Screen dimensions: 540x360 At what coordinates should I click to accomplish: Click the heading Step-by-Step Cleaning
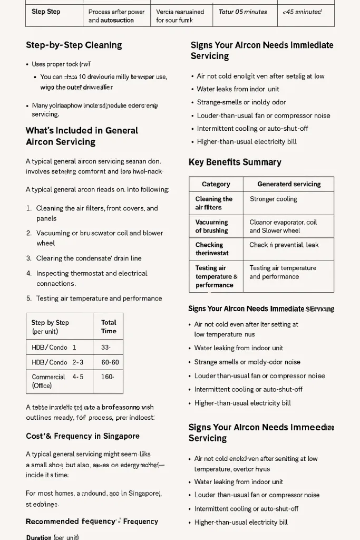pyautogui.click(x=74, y=45)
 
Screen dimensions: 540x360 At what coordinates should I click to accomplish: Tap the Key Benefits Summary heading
pyautogui.click(x=235, y=162)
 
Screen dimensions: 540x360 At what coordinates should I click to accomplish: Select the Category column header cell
pyautogui.click(x=216, y=184)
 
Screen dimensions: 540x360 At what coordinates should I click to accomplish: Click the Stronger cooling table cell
pyautogui.click(x=274, y=199)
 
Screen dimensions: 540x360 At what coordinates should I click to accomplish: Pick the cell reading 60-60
pyautogui.click(x=110, y=362)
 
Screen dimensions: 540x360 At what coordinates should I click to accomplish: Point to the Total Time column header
pyautogui.click(x=109, y=326)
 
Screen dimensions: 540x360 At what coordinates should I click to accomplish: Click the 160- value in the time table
pyautogui.click(x=108, y=377)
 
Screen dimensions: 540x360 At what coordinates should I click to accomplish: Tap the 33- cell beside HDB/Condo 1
pyautogui.click(x=105, y=348)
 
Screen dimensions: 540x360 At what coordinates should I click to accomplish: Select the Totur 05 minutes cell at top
pyautogui.click(x=243, y=12)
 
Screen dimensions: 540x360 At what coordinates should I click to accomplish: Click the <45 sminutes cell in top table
pyautogui.click(x=302, y=12)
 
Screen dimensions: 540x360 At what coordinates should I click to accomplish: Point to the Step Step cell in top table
pyautogui.click(x=46, y=12)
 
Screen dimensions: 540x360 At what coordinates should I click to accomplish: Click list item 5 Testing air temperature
pyautogui.click(x=99, y=298)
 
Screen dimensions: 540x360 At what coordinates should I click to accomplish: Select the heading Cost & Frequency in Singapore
pyautogui.click(x=83, y=436)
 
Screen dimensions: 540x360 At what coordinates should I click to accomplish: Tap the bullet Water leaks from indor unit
pyautogui.click(x=238, y=89)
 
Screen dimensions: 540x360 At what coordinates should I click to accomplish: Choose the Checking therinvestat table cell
pyautogui.click(x=209, y=249)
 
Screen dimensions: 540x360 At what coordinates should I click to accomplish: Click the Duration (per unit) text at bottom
pyautogui.click(x=52, y=537)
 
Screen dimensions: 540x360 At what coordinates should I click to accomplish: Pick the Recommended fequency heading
pyautogui.click(x=92, y=522)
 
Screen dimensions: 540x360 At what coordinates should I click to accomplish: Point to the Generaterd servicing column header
pyautogui.click(x=289, y=184)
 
